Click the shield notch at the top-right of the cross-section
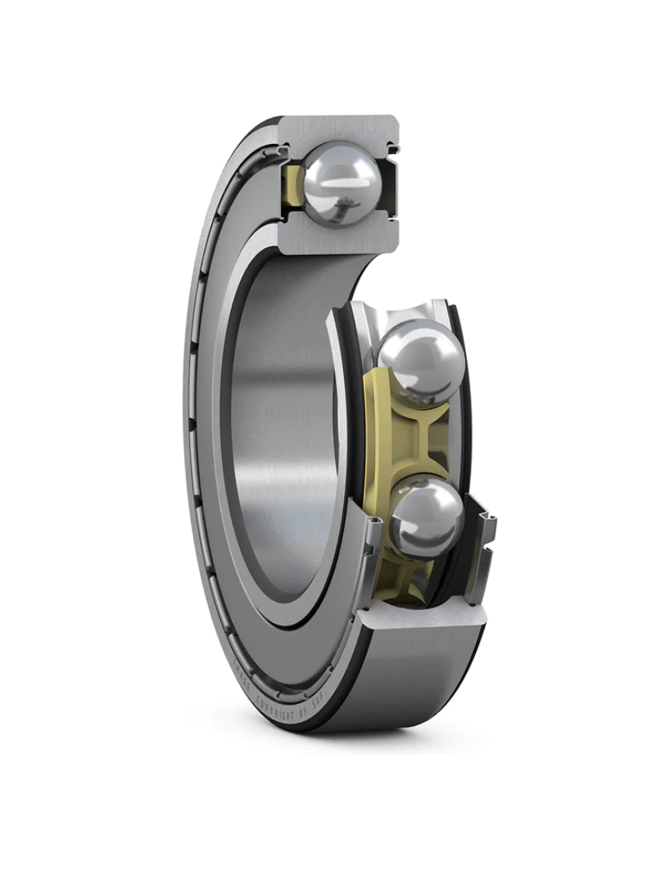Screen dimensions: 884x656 tap(392, 149)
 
